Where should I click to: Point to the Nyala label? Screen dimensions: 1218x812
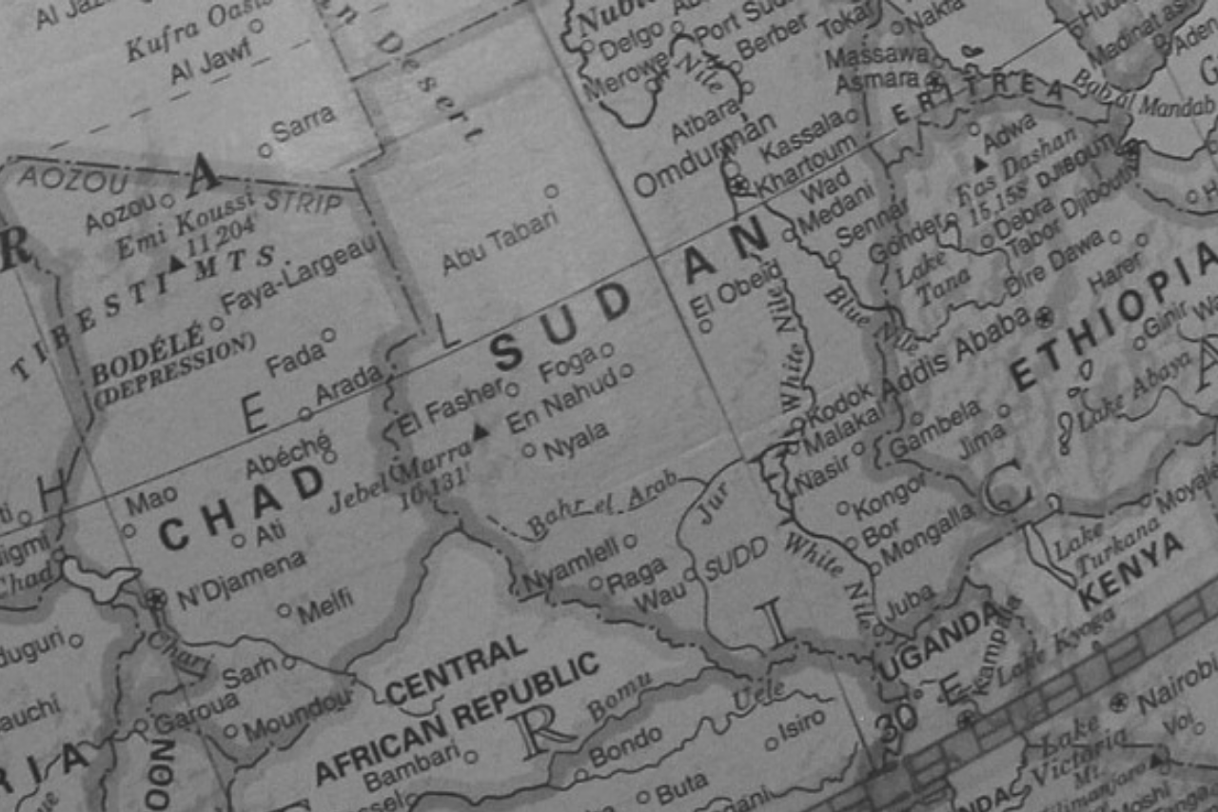(576, 441)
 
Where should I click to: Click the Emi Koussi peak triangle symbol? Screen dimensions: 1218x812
(177, 262)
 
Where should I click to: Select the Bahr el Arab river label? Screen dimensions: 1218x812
(601, 502)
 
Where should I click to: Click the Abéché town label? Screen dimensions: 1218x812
(287, 456)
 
